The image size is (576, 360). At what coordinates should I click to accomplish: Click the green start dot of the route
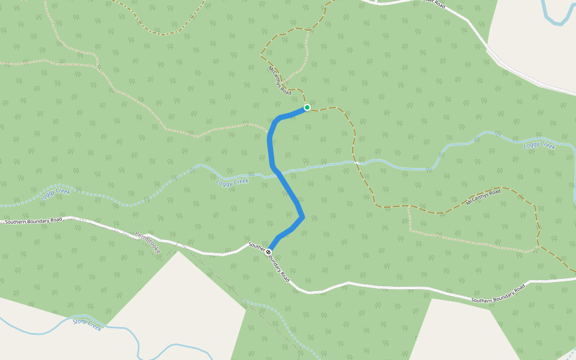click(307, 107)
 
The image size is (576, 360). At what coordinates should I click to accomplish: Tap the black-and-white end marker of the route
click(268, 251)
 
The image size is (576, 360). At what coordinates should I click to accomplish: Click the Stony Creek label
click(88, 324)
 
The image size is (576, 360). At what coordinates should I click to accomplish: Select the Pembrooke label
click(148, 242)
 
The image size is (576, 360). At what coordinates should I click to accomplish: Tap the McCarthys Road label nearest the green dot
click(280, 80)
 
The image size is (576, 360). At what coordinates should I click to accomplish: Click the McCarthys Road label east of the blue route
click(483, 196)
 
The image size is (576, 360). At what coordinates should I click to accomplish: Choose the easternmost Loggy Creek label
click(539, 145)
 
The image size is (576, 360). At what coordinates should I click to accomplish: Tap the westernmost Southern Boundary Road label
click(34, 221)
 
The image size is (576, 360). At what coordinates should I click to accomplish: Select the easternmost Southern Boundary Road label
click(498, 293)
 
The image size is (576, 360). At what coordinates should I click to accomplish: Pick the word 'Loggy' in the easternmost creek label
click(532, 144)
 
